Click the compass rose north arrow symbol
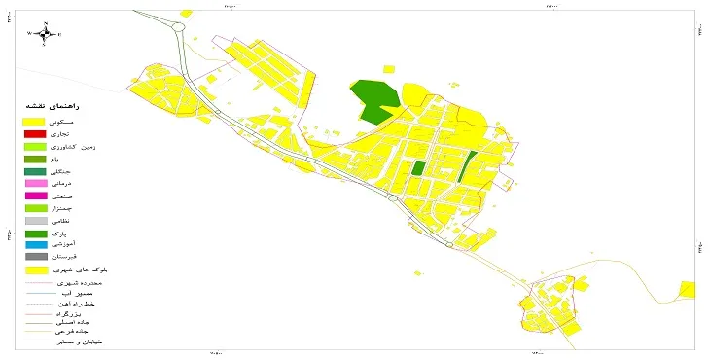click(x=45, y=33)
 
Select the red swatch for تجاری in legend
click(x=35, y=133)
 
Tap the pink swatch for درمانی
click(x=35, y=183)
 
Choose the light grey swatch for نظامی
click(x=35, y=221)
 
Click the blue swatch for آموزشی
click(x=35, y=244)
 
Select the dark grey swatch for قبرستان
click(x=35, y=257)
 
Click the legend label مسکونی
click(x=88, y=121)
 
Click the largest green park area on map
click(x=373, y=100)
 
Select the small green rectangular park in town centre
click(x=418, y=167)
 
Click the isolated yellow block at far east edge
click(x=688, y=289)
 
